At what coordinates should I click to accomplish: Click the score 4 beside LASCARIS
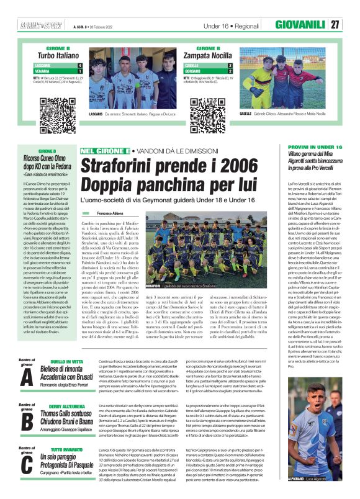pyautogui.click(x=79, y=65)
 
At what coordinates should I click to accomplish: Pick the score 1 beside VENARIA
pyautogui.click(x=79, y=70)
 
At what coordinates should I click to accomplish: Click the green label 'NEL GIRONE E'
pyautogui.click(x=96, y=151)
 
